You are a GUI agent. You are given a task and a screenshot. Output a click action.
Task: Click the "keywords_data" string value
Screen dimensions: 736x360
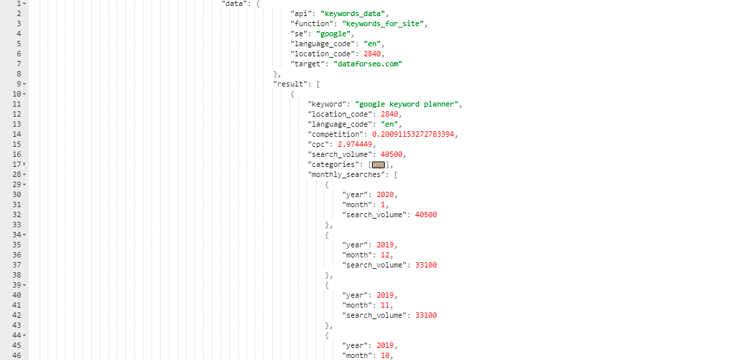click(356, 13)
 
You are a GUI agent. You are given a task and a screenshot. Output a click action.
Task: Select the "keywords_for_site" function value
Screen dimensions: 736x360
click(383, 23)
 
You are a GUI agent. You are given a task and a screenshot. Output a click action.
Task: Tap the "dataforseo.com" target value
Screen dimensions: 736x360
click(368, 64)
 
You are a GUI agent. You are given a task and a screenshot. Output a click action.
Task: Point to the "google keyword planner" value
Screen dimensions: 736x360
click(406, 104)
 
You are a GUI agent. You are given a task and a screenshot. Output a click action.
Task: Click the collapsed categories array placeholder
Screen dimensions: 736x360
click(378, 165)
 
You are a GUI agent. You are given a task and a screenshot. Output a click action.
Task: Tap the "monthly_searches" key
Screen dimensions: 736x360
click(349, 174)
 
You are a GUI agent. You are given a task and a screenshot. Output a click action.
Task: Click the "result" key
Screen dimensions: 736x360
click(290, 84)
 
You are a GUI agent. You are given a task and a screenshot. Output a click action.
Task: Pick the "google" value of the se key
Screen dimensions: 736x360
click(333, 34)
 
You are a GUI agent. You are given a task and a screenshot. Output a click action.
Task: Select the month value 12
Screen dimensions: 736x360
click(385, 255)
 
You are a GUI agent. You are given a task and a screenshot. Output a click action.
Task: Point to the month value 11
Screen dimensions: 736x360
click(385, 305)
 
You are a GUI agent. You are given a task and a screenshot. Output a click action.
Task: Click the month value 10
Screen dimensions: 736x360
click(385, 355)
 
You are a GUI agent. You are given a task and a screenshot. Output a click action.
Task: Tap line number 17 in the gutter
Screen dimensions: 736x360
click(17, 164)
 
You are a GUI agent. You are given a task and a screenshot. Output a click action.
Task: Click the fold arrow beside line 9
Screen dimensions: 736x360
click(24, 84)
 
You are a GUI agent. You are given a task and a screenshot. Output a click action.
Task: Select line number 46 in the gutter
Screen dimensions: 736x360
click(17, 355)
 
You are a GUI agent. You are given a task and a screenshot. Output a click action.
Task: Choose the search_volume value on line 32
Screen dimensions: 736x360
click(426, 215)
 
